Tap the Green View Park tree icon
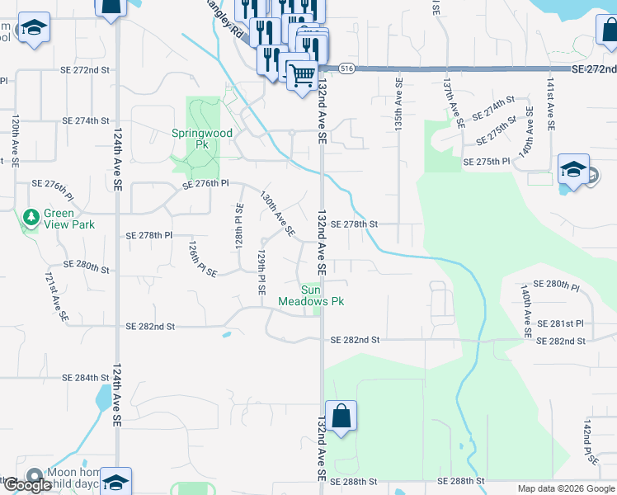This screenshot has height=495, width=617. tap(31, 218)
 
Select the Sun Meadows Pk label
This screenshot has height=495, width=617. tap(322, 295)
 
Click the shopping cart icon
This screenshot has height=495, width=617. tap(303, 75)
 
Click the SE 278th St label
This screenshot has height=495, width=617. tap(354, 224)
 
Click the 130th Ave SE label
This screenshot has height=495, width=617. tap(277, 214)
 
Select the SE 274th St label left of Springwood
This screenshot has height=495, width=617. tap(86, 120)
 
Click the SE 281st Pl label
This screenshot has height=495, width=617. tap(560, 324)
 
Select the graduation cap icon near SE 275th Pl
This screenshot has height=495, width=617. tap(573, 170)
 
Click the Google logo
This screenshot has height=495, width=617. tap(27, 485)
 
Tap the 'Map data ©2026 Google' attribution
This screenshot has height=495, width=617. tap(565, 488)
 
